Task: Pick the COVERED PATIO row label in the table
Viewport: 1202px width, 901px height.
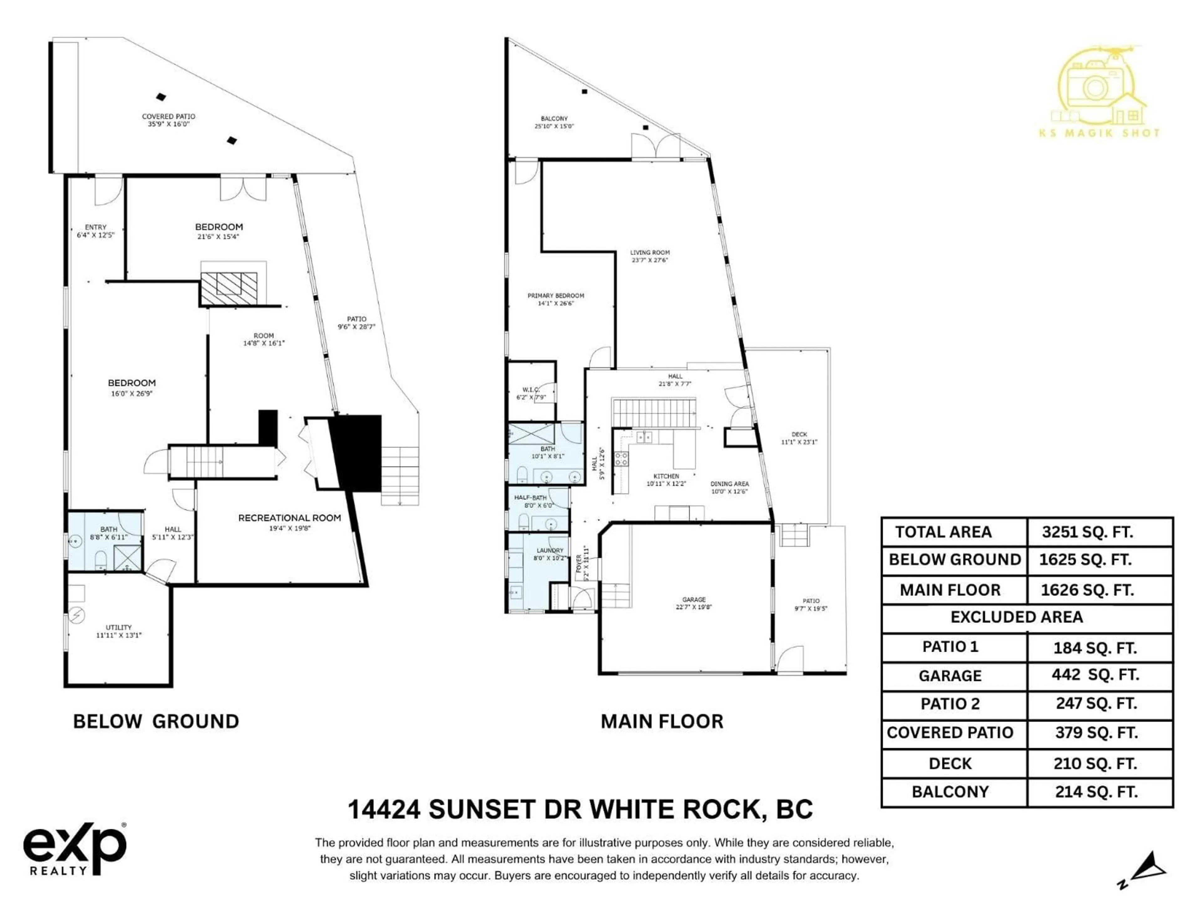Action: coord(950,733)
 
